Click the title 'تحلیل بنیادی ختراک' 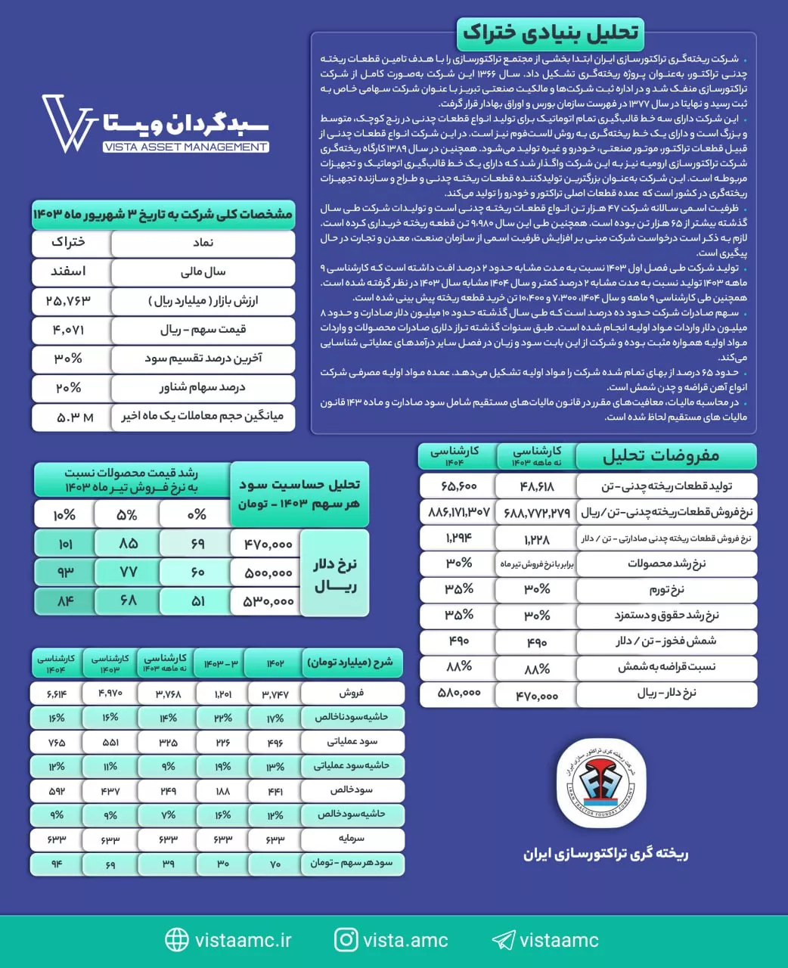551,33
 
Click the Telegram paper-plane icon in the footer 503,940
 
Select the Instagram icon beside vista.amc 346,940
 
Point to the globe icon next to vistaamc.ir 176,940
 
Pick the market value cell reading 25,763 69,301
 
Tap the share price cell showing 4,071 69,330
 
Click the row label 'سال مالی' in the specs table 203,272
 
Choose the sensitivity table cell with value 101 64,544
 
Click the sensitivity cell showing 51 197,601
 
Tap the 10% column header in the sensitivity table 64,515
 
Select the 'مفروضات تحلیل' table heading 661,456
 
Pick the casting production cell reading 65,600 458,486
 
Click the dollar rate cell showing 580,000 459,693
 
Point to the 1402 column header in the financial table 275,663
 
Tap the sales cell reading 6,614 57,693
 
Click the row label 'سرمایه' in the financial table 352,839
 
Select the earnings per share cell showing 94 57,864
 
